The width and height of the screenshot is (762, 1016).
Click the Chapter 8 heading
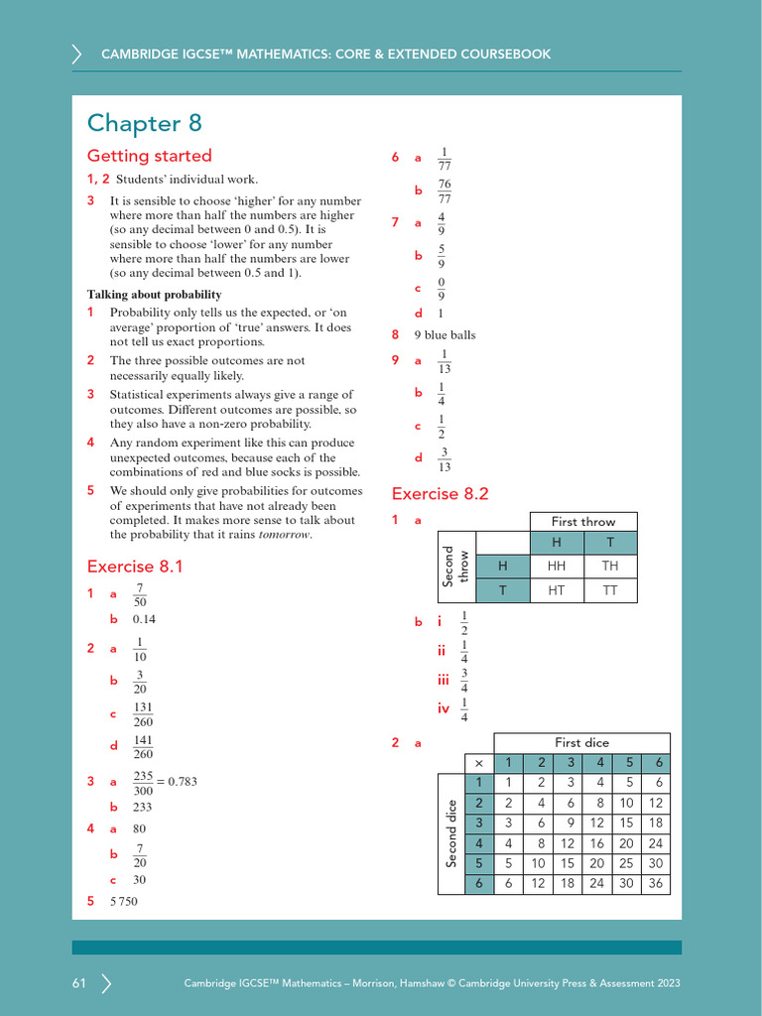pyautogui.click(x=145, y=123)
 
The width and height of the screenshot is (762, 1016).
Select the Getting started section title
pyautogui.click(x=150, y=156)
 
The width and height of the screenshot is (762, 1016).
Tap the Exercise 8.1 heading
pyautogui.click(x=135, y=567)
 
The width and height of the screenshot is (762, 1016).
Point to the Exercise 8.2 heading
pyautogui.click(x=441, y=494)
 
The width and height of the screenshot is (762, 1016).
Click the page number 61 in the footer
pyautogui.click(x=79, y=983)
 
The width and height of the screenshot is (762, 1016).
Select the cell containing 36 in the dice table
pyautogui.click(x=655, y=883)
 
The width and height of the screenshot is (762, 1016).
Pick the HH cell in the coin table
pyautogui.click(x=557, y=566)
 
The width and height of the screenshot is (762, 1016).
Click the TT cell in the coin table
pyautogui.click(x=609, y=589)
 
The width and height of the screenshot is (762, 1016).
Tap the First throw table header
pyautogui.click(x=583, y=522)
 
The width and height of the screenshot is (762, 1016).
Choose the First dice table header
pyautogui.click(x=581, y=743)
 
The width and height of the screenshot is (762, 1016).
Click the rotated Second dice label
pyautogui.click(x=451, y=832)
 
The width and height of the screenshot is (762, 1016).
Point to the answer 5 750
pyautogui.click(x=124, y=901)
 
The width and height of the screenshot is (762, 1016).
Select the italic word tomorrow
pyautogui.click(x=285, y=535)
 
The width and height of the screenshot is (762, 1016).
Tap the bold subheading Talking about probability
pyautogui.click(x=154, y=295)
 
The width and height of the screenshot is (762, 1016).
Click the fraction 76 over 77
pyautogui.click(x=444, y=191)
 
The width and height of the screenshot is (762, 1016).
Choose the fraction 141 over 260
pyautogui.click(x=143, y=747)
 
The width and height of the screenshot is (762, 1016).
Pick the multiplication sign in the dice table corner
pyautogui.click(x=478, y=762)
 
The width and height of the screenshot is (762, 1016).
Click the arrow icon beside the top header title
pyautogui.click(x=77, y=55)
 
